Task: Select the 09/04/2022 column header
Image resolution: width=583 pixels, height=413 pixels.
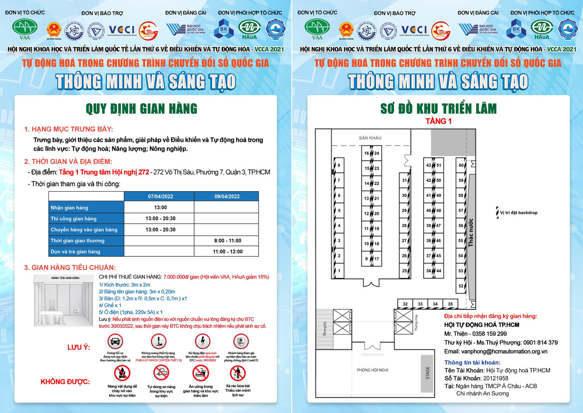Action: point(227,196)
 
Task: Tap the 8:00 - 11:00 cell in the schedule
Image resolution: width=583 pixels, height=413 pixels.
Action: point(227,241)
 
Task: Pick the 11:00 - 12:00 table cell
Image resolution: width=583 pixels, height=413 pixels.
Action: point(227,251)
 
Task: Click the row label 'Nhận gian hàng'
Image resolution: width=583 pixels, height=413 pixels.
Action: point(70,208)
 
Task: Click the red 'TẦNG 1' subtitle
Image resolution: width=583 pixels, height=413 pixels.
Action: point(438,121)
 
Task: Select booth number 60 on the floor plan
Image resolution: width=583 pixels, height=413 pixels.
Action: point(461,165)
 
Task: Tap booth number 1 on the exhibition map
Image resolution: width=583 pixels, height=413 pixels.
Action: point(339,271)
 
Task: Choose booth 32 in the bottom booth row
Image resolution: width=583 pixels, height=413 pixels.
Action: point(405,304)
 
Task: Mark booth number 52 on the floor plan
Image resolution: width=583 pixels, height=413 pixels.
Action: point(461,286)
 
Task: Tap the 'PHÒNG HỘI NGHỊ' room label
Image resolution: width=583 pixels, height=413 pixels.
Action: point(372,370)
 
